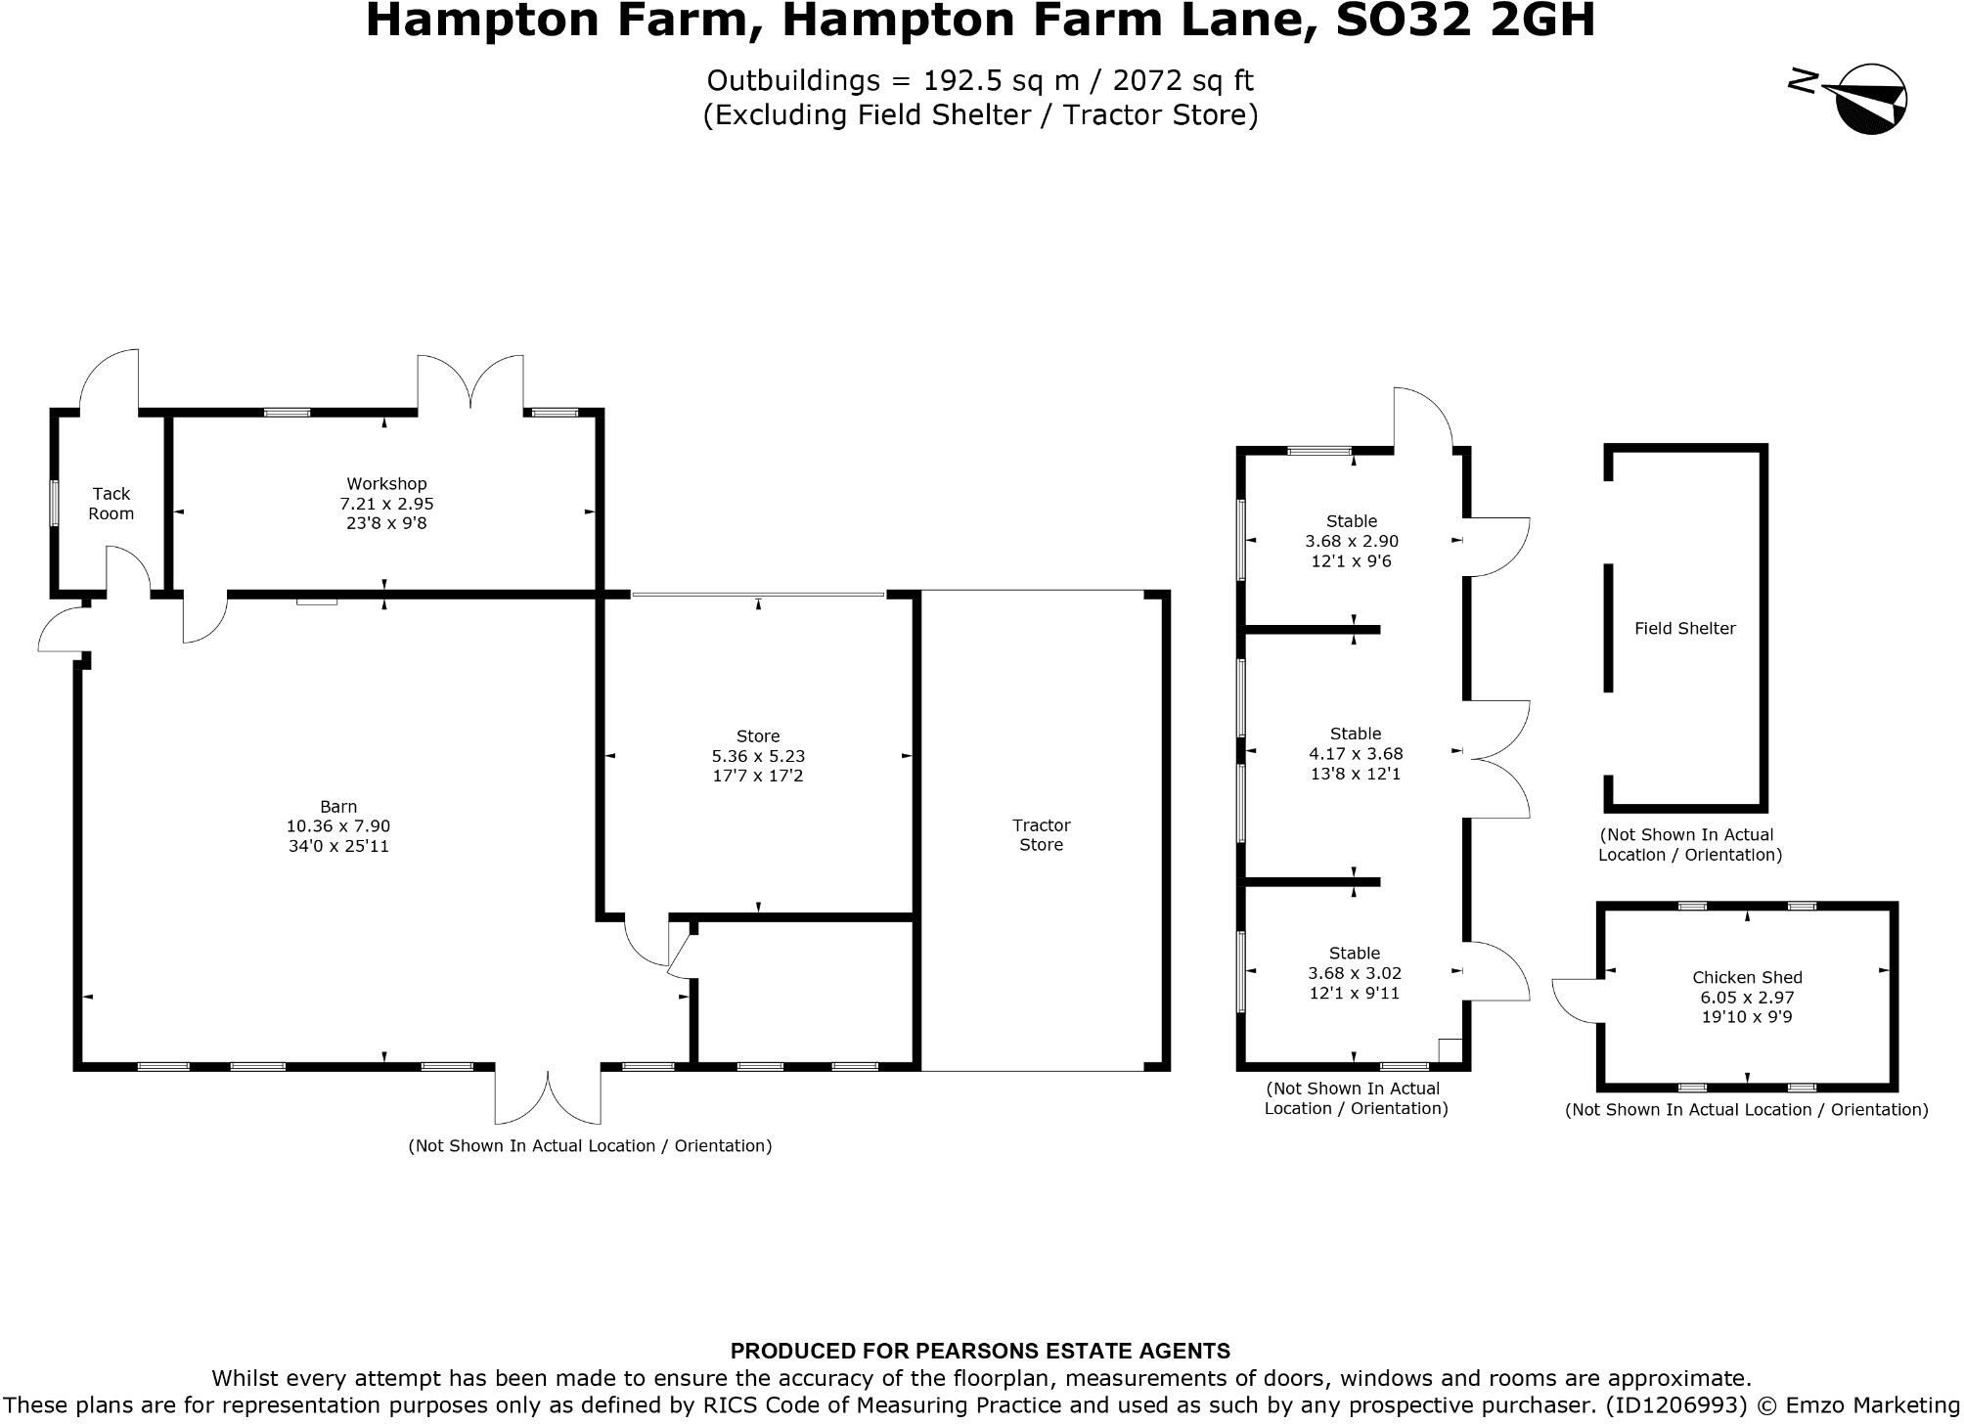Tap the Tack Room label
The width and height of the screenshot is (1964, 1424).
coord(111,504)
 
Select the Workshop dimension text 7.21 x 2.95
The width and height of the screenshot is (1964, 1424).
coord(386,504)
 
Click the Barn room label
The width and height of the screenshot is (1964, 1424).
coord(338,807)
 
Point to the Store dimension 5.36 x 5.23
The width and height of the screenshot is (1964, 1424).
coord(758,756)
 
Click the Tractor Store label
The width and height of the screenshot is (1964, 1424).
coord(1041,835)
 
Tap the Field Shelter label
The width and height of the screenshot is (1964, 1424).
coord(1684,629)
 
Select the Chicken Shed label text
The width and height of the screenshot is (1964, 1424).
coord(1747,977)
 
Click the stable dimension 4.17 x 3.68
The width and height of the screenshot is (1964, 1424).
coord(1356,754)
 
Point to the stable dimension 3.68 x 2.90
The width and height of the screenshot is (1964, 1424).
coord(1352,541)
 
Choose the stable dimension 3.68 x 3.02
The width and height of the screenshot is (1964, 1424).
coord(1355,973)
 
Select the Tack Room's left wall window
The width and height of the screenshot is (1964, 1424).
coord(55,503)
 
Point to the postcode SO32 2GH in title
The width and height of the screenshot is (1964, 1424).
coord(1465,20)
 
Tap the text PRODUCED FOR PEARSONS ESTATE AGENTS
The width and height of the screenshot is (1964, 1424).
coord(980,1352)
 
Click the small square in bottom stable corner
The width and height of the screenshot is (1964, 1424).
coord(1450,1049)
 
